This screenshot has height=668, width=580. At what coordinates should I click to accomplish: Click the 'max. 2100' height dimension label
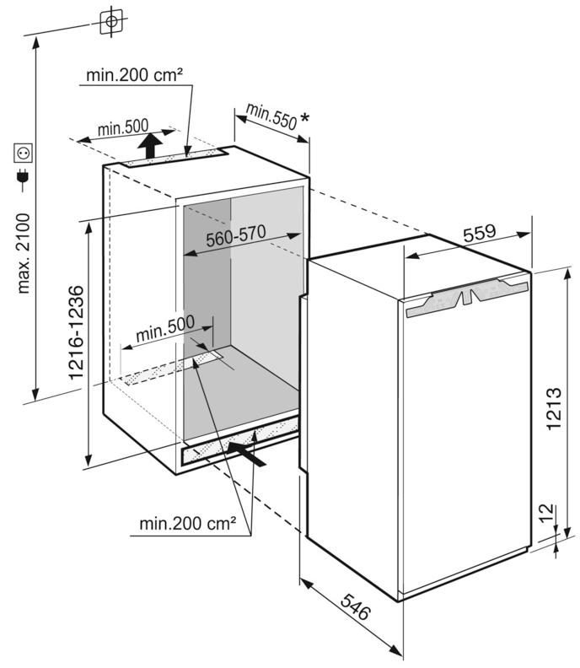point(24,253)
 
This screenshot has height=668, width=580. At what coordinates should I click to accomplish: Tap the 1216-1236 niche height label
point(76,332)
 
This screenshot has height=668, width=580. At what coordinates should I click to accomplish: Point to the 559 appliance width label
point(480,233)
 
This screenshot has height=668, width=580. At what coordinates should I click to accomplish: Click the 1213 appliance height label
point(554,408)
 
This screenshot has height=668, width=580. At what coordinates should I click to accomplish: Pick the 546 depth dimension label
point(356,606)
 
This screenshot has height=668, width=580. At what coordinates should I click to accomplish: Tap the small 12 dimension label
point(547,514)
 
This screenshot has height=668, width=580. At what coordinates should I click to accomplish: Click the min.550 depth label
point(271,116)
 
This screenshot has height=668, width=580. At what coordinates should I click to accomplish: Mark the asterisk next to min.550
point(305,117)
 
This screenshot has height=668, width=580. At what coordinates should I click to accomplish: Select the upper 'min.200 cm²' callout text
point(135,75)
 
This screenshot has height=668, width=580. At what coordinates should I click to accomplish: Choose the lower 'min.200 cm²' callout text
point(188,523)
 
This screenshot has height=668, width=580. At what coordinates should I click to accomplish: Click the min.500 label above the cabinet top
point(123,127)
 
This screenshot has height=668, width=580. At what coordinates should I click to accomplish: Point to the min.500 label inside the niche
point(165,329)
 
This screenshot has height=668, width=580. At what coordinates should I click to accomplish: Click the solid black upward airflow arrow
point(149,146)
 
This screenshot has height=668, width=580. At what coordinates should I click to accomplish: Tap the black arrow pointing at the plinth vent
point(246,454)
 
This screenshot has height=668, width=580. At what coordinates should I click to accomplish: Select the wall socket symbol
point(23,153)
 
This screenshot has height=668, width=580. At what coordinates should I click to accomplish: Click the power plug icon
point(23,179)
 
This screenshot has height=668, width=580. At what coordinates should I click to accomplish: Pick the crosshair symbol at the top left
point(111,22)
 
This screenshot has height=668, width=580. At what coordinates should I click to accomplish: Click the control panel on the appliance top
point(468,296)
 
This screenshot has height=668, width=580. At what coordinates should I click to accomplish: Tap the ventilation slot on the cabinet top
point(175,158)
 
